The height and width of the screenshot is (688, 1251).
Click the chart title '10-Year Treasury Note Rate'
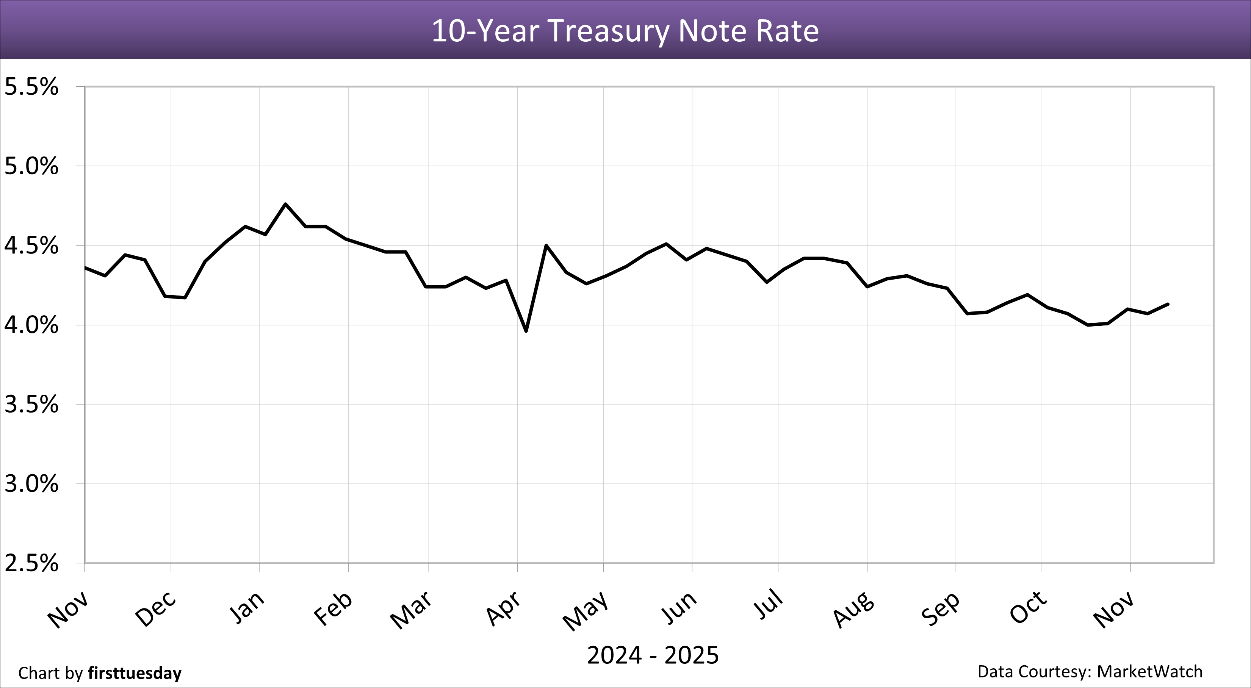[625, 31]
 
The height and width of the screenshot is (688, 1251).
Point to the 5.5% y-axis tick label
[31, 88]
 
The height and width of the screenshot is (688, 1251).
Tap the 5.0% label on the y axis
[31, 167]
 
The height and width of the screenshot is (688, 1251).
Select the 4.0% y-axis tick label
[31, 325]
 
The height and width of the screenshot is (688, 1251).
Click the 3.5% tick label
[31, 405]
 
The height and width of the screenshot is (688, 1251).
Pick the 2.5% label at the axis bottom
[31, 564]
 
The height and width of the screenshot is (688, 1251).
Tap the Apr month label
[504, 609]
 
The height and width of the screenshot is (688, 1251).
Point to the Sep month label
[941, 609]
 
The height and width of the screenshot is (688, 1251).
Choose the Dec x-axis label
[155, 609]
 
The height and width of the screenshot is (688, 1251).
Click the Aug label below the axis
[854, 609]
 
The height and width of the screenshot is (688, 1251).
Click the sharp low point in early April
[526, 331]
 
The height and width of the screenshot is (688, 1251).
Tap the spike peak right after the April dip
[546, 245]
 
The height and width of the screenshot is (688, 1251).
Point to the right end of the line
[1168, 304]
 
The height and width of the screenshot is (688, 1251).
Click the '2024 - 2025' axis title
[652, 655]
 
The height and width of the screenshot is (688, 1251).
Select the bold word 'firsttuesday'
[135, 673]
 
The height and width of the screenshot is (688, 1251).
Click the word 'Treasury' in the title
[609, 31]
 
